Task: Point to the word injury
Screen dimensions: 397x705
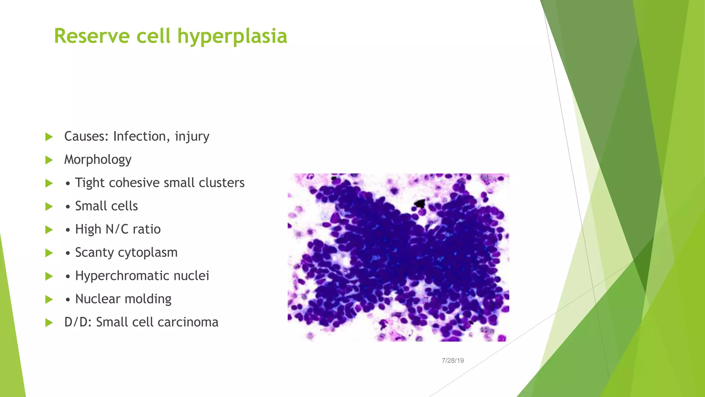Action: [x=192, y=137]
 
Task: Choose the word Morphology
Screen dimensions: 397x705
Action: [x=98, y=160]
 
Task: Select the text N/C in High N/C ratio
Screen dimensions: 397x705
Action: [x=117, y=229]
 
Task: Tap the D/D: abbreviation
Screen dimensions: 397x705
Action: [x=78, y=322]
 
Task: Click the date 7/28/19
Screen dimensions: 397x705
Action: [x=453, y=360]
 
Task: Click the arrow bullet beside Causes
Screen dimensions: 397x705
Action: [x=49, y=137]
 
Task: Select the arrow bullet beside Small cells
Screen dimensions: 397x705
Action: [x=49, y=206]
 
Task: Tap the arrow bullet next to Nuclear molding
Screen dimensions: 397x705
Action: [x=49, y=299]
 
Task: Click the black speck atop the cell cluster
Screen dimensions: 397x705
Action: [x=420, y=203]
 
